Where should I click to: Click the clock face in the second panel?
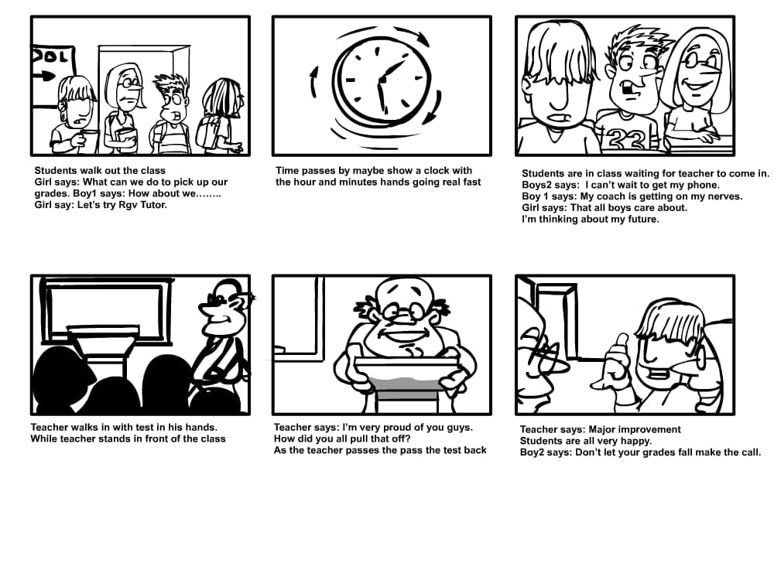(381, 81)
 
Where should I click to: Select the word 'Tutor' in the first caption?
(152, 205)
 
